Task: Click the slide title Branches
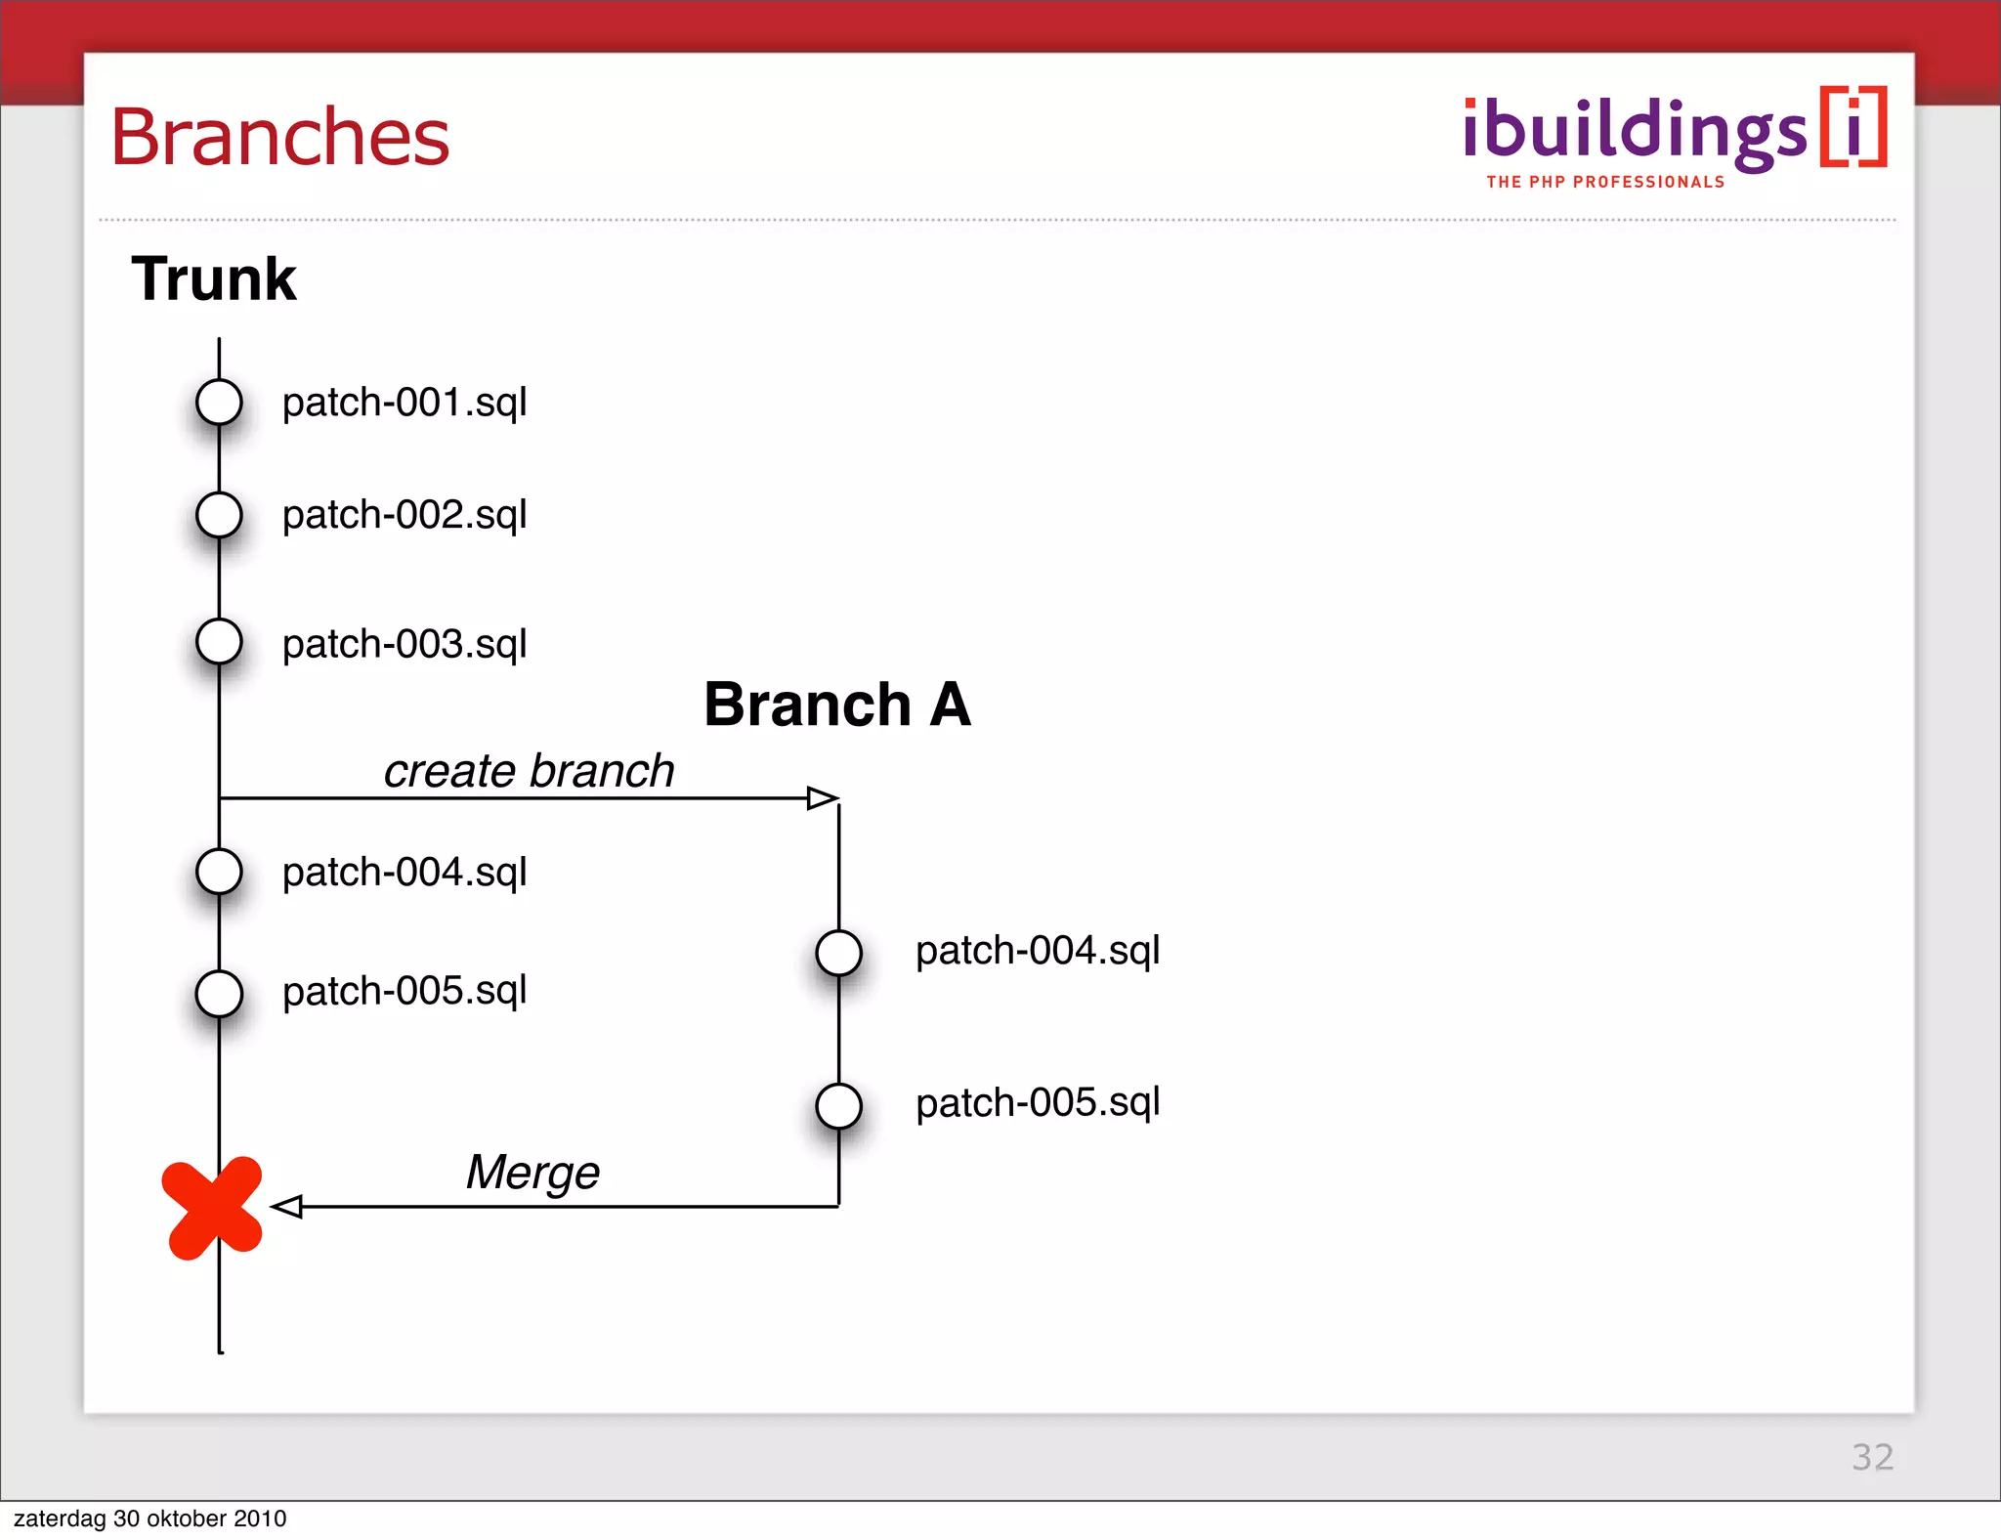[280, 137]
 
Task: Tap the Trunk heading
[214, 279]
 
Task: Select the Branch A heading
[837, 705]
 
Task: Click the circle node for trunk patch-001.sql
[219, 402]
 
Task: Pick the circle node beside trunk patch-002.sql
[219, 515]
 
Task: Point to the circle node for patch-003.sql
[219, 642]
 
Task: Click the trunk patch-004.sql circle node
[219, 872]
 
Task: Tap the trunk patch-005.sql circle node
[219, 994]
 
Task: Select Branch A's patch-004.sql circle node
[838, 953]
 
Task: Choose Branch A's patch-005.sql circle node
[838, 1106]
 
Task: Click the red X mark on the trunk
[213, 1208]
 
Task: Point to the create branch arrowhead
[823, 798]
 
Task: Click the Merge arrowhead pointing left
[286, 1207]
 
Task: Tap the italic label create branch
[529, 771]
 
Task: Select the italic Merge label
[532, 1173]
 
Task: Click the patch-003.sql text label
[404, 644]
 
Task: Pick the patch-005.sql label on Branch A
[1038, 1103]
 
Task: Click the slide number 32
[1872, 1457]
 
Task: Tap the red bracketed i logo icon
[1853, 127]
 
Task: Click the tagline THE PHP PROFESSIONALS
[1605, 182]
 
